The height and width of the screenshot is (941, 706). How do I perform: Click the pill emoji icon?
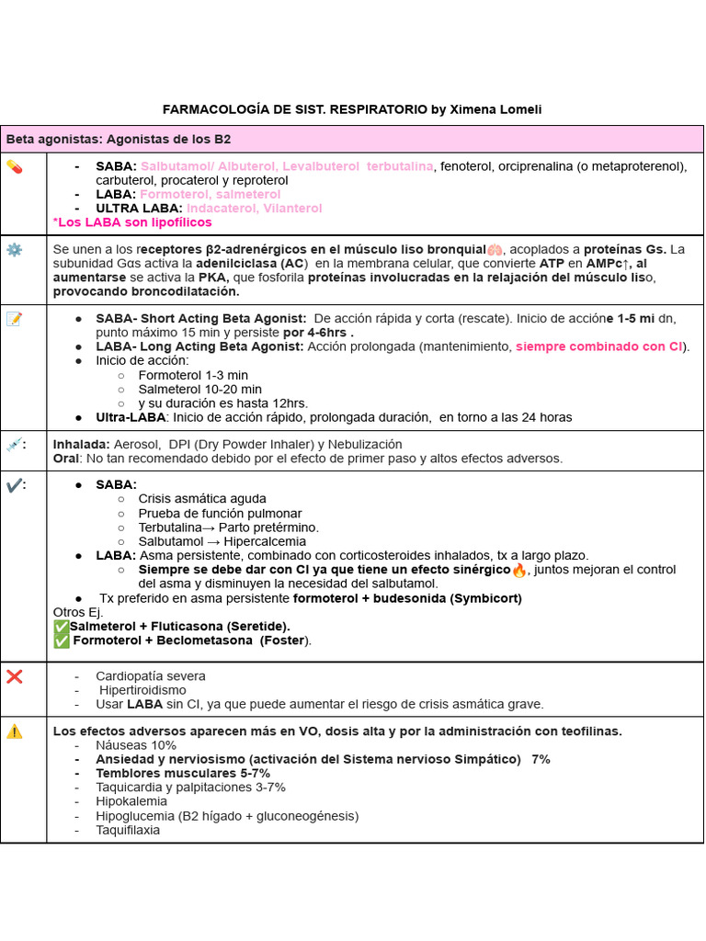click(14, 166)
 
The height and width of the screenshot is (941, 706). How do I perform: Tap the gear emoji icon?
click(14, 250)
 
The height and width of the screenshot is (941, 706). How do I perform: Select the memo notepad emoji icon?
click(14, 319)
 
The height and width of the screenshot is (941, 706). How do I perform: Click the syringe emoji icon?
click(14, 445)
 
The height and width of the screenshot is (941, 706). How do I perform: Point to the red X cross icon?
click(14, 676)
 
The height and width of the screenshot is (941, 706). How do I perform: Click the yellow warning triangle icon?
click(14, 731)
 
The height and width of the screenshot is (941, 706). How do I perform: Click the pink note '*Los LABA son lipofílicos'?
click(132, 222)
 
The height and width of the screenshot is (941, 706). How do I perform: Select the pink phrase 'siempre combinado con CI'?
click(600, 346)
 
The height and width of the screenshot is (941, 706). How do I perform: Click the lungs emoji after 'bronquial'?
click(495, 250)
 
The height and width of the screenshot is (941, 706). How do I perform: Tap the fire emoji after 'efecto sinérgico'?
click(519, 570)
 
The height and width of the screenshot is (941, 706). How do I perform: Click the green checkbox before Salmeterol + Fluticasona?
click(62, 627)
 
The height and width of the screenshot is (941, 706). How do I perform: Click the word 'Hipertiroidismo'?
click(142, 690)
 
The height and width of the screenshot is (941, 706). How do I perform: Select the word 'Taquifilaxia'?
click(128, 830)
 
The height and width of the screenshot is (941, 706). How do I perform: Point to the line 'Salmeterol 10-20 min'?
click(199, 390)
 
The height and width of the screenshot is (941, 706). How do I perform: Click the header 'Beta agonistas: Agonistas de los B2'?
click(119, 140)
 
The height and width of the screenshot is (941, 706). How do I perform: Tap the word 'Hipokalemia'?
click(131, 801)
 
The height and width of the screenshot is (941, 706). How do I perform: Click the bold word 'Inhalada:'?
click(81, 444)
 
